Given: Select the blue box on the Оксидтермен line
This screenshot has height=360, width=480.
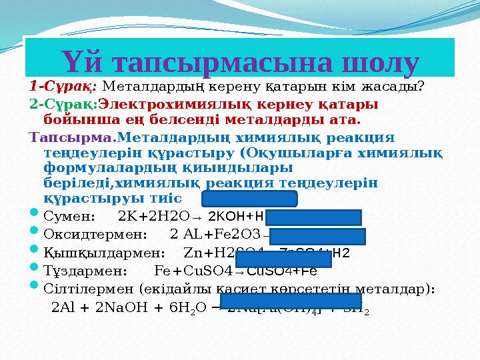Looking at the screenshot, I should pos(317,236).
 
